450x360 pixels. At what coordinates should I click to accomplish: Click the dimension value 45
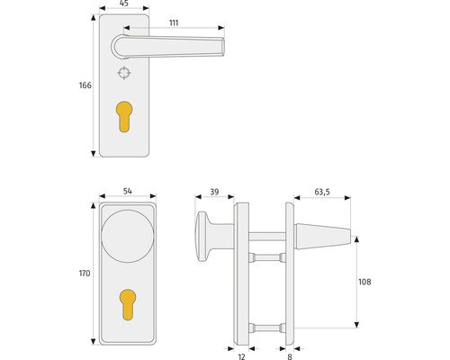point(123,4)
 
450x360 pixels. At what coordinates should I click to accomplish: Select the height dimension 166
point(85,85)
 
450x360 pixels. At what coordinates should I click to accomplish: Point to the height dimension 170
point(85,274)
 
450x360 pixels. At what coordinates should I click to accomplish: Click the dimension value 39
point(213,193)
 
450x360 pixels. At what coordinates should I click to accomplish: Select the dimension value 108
point(364,282)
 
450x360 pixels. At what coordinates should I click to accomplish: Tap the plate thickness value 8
point(288,355)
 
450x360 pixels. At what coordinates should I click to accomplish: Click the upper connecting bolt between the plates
point(264,257)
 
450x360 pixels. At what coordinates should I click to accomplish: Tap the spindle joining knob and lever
point(264,238)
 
